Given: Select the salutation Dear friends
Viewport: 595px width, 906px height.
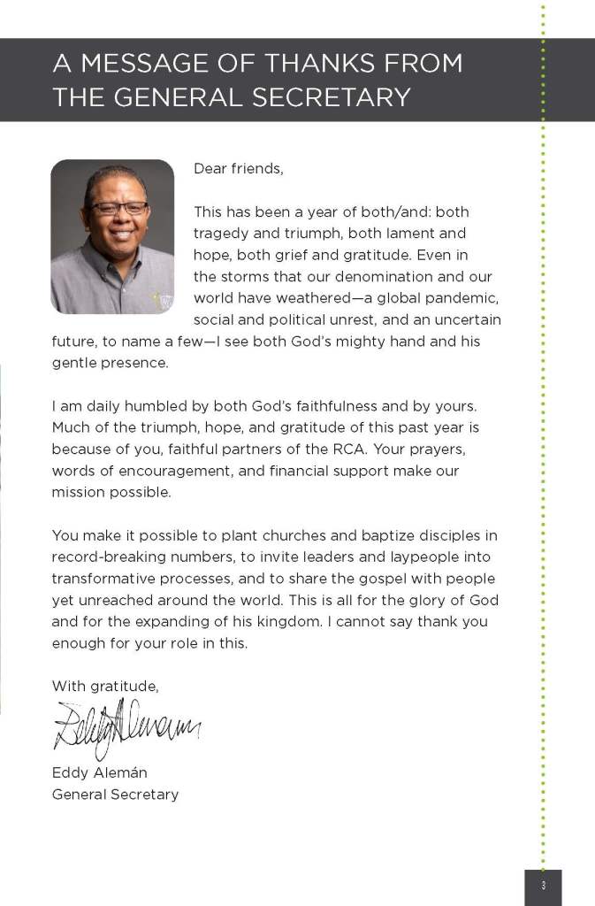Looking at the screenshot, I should click(239, 169).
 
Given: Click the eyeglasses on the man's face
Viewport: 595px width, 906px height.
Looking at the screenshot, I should click(118, 208).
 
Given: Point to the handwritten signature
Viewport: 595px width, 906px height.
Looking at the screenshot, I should click(126, 727).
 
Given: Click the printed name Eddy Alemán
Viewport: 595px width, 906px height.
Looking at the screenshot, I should click(99, 772).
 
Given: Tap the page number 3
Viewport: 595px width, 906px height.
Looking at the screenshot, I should click(543, 886).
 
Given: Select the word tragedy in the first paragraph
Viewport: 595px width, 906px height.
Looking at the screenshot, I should click(222, 234).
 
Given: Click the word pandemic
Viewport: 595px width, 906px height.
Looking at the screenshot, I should click(468, 297).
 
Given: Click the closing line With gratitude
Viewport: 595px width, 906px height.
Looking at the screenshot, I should click(105, 686).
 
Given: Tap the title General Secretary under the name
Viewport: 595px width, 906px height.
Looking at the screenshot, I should click(115, 794).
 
